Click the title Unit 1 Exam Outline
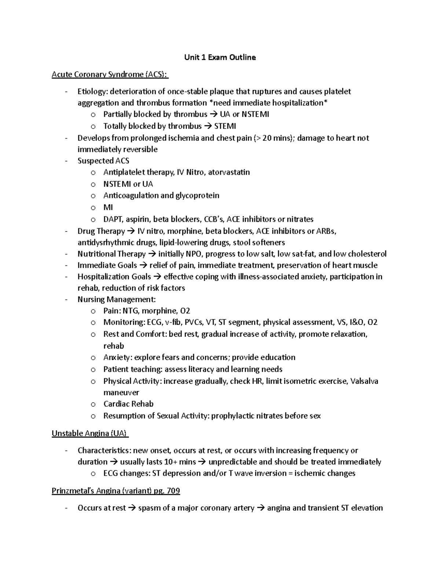point(220,58)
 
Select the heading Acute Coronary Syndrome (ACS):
point(110,75)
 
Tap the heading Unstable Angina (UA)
point(90,433)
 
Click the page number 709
point(173,491)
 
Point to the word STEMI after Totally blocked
point(225,126)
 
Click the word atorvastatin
point(229,172)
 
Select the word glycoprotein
point(198,195)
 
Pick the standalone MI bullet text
point(108,207)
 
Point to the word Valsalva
point(364,381)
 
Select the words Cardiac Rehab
point(128,404)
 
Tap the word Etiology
point(92,91)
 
